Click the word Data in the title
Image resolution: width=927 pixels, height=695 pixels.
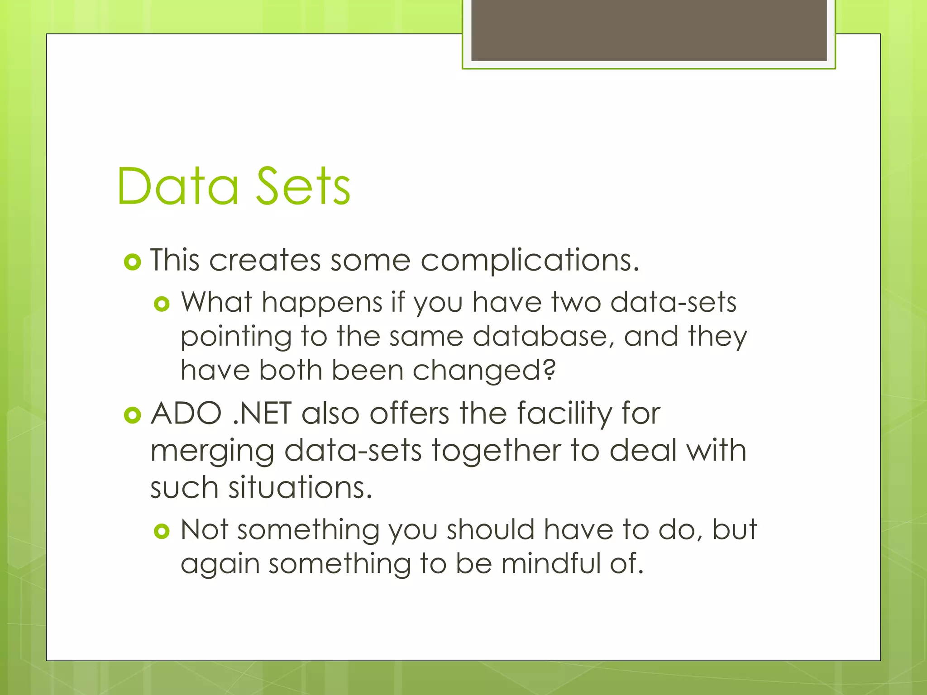click(x=177, y=186)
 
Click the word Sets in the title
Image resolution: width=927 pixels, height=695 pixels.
click(x=303, y=186)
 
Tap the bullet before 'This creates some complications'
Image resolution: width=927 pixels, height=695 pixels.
click(x=132, y=262)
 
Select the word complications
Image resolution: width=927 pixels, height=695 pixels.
click(x=529, y=261)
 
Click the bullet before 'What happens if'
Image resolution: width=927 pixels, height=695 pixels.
click(x=162, y=304)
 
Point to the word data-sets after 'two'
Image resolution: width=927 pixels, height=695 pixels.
click(x=673, y=302)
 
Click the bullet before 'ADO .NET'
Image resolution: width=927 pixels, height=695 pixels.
click(x=132, y=415)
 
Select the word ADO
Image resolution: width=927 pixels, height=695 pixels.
click(x=186, y=413)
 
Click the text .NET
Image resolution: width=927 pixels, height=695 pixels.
click(x=262, y=413)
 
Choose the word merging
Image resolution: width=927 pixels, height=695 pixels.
click(x=212, y=452)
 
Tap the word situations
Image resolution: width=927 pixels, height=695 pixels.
click(x=300, y=488)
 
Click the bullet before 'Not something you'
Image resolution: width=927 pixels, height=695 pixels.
click(x=162, y=531)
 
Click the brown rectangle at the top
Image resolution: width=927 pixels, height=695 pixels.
click(x=649, y=30)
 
